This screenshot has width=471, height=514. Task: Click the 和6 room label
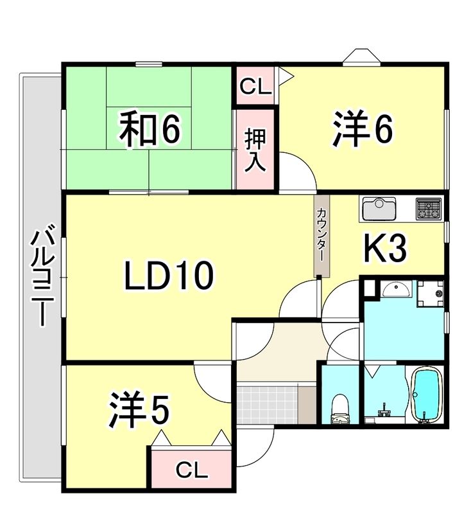coord(150,129)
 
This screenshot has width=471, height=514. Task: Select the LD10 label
coord(168,276)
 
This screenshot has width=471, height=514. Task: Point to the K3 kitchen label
coord(386,249)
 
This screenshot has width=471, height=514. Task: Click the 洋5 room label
coord(139,411)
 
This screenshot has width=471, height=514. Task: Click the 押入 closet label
coord(255,150)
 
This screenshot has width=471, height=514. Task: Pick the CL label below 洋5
coord(192,471)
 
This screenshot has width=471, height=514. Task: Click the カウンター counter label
coord(320,236)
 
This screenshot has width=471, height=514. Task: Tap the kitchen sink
coord(379,209)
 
